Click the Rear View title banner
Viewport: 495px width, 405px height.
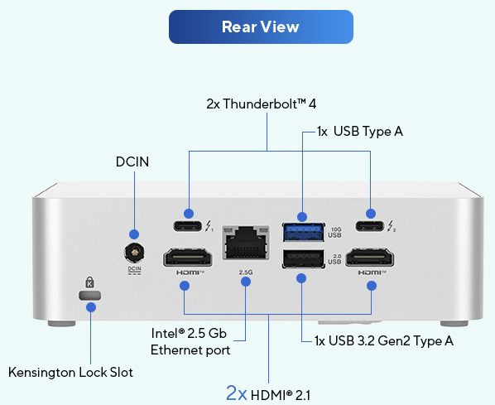[261, 27]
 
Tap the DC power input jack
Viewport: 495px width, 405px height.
[134, 253]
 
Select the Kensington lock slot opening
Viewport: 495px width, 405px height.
[90, 296]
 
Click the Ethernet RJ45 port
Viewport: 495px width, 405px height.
[246, 243]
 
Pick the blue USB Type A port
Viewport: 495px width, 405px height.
[303, 232]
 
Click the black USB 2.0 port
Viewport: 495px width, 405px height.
[303, 259]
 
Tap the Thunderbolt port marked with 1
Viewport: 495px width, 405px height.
[187, 226]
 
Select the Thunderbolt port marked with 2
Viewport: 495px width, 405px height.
[370, 226]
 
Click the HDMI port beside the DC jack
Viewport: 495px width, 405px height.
[188, 258]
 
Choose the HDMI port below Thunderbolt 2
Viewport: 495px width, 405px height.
[370, 258]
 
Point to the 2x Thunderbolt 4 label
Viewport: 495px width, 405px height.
[262, 104]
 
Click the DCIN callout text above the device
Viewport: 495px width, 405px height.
[132, 162]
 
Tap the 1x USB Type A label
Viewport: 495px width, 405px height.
[360, 132]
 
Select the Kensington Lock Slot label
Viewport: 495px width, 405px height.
[70, 372]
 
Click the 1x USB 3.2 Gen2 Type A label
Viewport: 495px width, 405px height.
[384, 341]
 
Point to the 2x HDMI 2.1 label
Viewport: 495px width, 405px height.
[268, 394]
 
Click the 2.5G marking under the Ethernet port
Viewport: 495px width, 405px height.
[246, 272]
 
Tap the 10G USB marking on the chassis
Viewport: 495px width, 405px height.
[335, 232]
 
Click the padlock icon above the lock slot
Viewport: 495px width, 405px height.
[90, 282]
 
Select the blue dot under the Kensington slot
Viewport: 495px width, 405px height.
[91, 307]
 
